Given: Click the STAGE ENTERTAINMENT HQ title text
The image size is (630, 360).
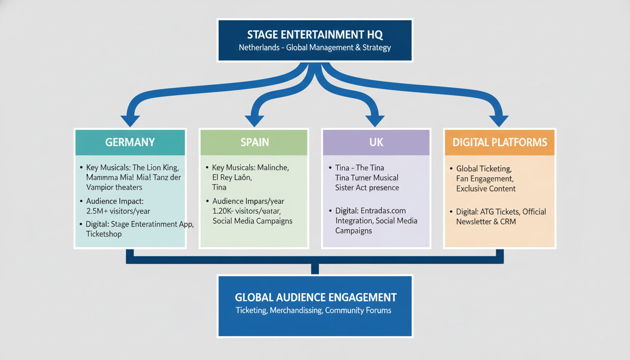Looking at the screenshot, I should pyautogui.click(x=315, y=34).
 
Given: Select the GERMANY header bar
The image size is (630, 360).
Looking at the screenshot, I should pyautogui.click(x=130, y=142).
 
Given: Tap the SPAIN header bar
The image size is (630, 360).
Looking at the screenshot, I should pyautogui.click(x=254, y=142).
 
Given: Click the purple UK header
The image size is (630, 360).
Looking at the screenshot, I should pyautogui.click(x=376, y=142).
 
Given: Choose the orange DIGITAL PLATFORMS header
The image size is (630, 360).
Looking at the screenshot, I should pyautogui.click(x=500, y=142).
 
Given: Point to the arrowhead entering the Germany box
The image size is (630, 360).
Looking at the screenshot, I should pyautogui.click(x=130, y=120).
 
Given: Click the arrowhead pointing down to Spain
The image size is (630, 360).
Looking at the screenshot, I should pyautogui.click(x=255, y=120).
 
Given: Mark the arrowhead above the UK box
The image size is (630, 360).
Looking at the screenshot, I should pyautogui.click(x=375, y=120).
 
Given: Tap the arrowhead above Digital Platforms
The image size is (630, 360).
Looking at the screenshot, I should pyautogui.click(x=499, y=120).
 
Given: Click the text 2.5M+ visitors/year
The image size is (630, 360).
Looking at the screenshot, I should pyautogui.click(x=118, y=211).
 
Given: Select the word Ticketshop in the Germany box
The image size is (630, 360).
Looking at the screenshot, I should pyautogui.click(x=104, y=233).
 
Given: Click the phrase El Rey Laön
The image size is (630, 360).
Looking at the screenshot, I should pyautogui.click(x=232, y=177).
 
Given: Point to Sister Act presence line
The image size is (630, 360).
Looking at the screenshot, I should pyautogui.click(x=367, y=187).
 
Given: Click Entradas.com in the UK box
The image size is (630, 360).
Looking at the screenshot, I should pyautogui.click(x=383, y=210).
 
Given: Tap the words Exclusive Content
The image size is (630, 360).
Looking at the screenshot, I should pyautogui.click(x=486, y=188).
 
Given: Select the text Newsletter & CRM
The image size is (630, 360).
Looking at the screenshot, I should pyautogui.click(x=486, y=221).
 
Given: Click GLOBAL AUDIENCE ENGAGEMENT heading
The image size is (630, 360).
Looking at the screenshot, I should pyautogui.click(x=315, y=297).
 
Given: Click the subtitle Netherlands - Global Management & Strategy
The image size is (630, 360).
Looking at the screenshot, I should pyautogui.click(x=315, y=47).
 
